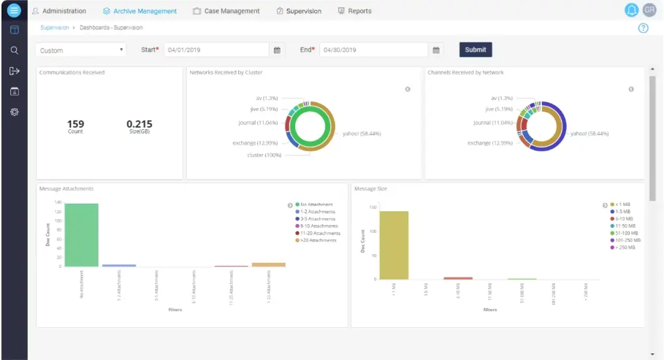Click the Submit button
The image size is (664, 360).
pos(475,50)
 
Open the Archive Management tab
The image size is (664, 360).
pos(140,11)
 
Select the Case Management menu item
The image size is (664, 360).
pos(226,11)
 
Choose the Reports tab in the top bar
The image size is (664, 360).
pos(354,11)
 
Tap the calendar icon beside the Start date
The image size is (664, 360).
pos(277,50)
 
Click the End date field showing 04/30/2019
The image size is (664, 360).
pos(373,50)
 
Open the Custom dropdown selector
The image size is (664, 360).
pos(81,50)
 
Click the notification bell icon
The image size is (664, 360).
pos(631,10)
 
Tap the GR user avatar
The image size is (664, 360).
pos(649,10)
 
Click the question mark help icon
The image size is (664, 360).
pos(644,28)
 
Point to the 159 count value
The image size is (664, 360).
pos(75,124)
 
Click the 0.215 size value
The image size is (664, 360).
pos(139,124)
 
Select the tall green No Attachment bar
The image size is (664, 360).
pos(81,234)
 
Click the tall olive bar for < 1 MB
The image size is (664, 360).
pos(394,245)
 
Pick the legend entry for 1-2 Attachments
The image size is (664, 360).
pos(316,211)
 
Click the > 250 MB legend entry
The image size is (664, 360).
pos(625,247)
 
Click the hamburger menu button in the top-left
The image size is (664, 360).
pos(14,10)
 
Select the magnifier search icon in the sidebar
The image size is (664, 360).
pos(14,50)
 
